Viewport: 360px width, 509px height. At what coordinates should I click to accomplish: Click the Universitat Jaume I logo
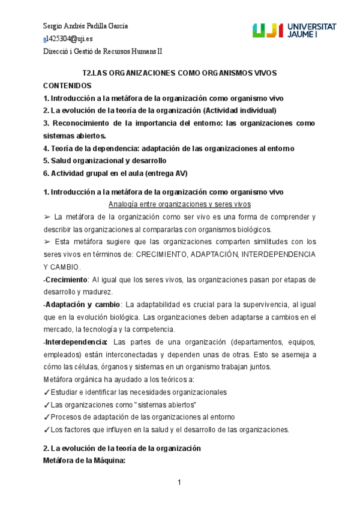pos(294,31)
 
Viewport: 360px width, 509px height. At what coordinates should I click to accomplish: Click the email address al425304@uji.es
pos(68,38)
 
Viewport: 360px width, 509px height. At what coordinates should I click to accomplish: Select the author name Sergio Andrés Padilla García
pos(85,26)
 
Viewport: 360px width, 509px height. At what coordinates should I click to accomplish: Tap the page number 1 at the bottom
pos(179,483)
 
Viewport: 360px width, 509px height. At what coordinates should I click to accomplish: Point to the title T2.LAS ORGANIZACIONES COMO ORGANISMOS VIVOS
pos(179,73)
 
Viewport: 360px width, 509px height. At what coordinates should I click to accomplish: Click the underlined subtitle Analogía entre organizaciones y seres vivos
pos(179,204)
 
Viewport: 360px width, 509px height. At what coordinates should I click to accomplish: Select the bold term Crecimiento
pos(66,279)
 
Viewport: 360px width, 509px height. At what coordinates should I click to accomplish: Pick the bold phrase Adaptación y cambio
pos(82,304)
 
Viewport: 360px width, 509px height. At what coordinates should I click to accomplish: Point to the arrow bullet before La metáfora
pos(47,217)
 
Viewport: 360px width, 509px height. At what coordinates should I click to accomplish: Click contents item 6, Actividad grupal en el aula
pos(115,173)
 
